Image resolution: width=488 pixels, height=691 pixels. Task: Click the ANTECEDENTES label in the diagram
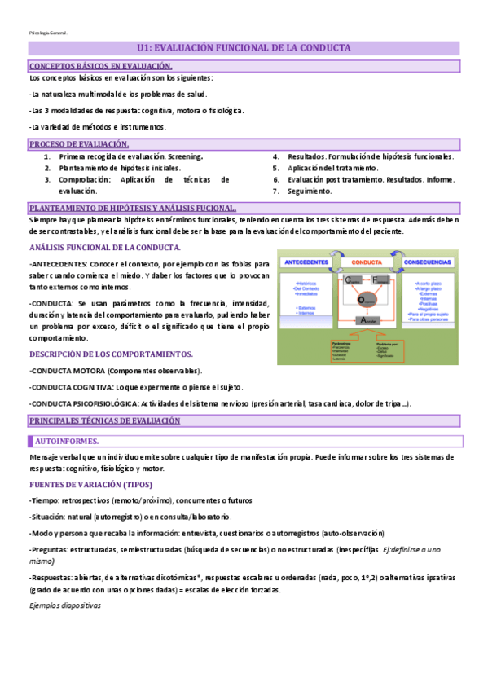tap(306, 262)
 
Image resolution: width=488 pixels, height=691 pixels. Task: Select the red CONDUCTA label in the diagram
tap(371, 262)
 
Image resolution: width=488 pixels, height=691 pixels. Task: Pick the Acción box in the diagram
tap(370, 321)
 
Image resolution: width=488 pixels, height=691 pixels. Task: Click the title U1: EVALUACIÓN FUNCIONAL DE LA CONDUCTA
tap(244, 48)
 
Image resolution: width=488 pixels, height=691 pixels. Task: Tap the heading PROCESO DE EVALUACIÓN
tap(79, 144)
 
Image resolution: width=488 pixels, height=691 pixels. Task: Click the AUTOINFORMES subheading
tap(67, 441)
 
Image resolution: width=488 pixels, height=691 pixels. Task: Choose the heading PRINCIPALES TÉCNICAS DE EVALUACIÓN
tap(104, 420)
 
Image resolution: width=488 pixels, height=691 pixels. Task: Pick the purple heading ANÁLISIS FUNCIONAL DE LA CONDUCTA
tap(105, 247)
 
